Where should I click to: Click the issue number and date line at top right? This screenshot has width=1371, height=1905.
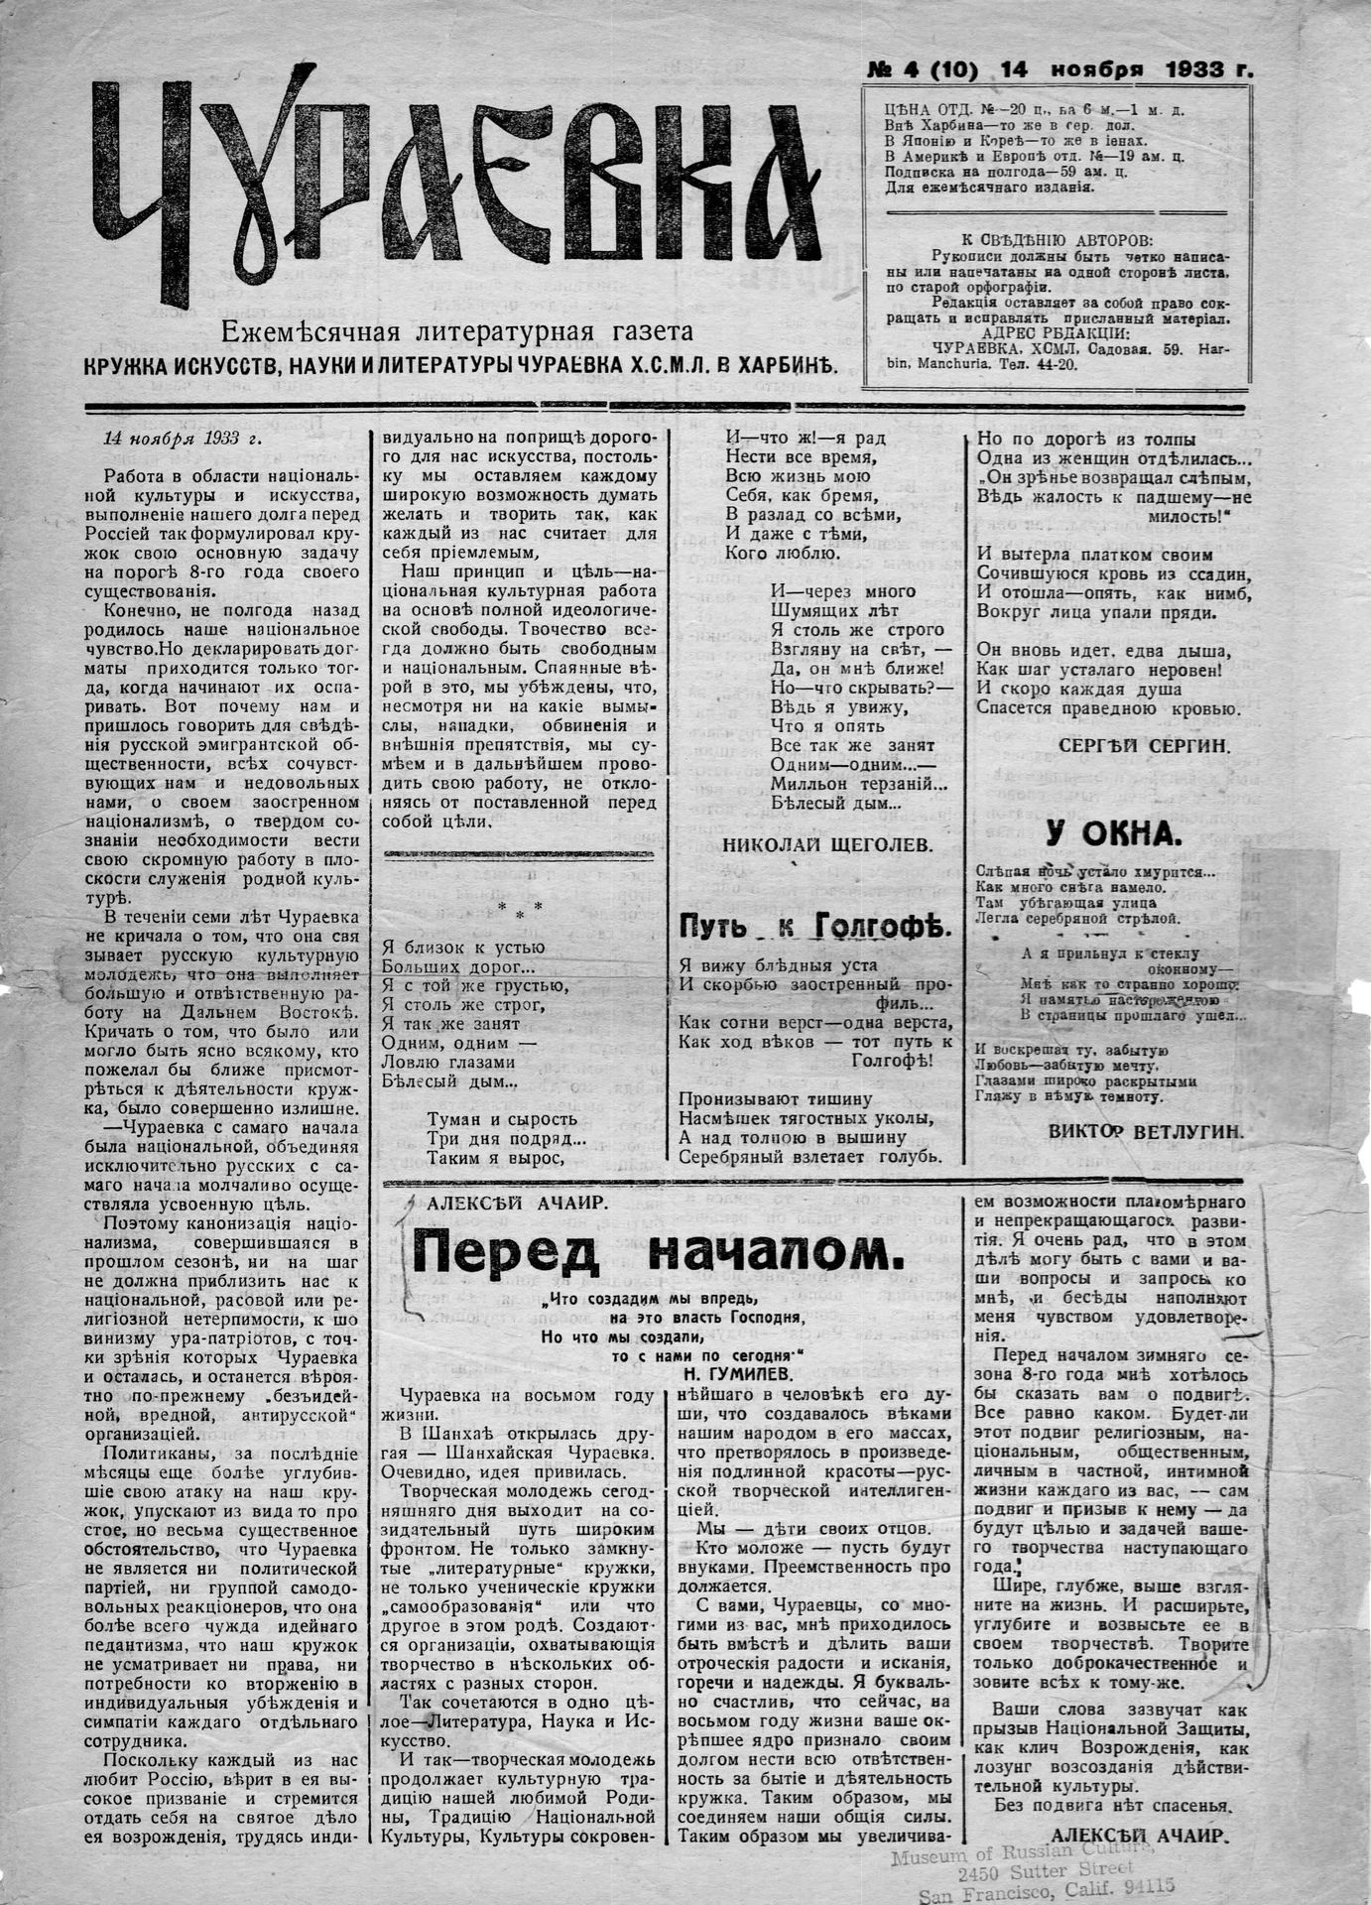tap(1059, 70)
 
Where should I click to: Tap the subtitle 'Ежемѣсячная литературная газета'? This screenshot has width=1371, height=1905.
tap(457, 331)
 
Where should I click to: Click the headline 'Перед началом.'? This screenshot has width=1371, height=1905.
tap(659, 1253)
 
